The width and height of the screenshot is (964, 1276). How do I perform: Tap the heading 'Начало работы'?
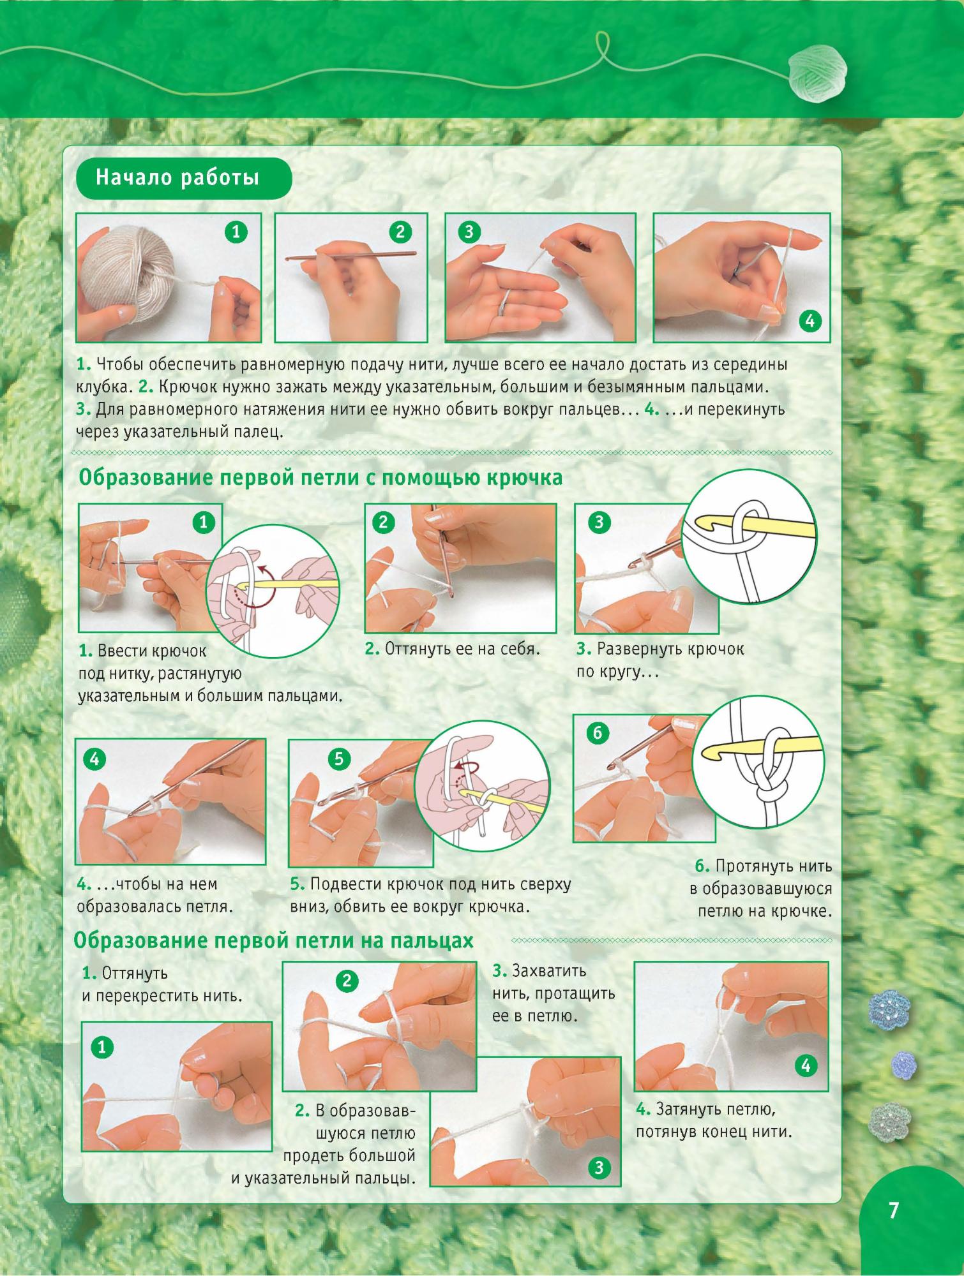click(177, 177)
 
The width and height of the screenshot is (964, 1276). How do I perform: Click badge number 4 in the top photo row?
click(809, 321)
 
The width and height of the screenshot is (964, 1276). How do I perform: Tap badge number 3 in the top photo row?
click(469, 232)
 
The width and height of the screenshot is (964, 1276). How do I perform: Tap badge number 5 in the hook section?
click(339, 759)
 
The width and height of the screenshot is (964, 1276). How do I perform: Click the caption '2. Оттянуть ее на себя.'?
click(453, 649)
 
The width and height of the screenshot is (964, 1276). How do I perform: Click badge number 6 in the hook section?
click(598, 732)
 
